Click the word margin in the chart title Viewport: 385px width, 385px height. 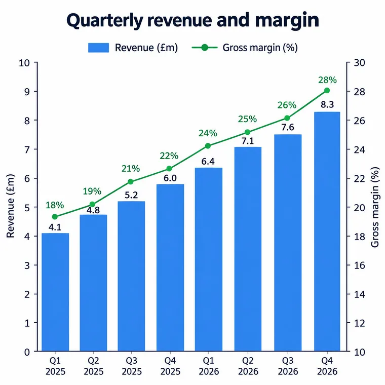point(287,21)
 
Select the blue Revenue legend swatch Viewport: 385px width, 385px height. point(98,48)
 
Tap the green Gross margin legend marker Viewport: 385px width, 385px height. point(205,48)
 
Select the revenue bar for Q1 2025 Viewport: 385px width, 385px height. point(55,292)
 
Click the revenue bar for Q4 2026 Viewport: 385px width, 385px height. point(327,232)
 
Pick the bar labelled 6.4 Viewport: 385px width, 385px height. point(209,259)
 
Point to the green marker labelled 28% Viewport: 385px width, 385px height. point(327,91)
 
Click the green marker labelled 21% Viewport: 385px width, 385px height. point(131,182)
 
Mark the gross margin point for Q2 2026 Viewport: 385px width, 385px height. point(248,132)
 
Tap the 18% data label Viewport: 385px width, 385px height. point(55,205)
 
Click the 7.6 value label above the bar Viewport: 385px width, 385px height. point(288,127)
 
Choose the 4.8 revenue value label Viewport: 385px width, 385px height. point(93,210)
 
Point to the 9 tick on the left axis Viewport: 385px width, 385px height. point(27,92)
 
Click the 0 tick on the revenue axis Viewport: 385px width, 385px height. point(27,353)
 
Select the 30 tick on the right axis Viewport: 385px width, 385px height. point(360,63)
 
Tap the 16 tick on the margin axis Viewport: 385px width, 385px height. point(360,265)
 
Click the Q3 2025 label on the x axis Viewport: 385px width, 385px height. point(132,366)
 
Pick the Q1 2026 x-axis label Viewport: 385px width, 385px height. point(209,366)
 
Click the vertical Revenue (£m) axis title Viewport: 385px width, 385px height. point(10,206)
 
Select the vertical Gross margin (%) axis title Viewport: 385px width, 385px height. point(375,207)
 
